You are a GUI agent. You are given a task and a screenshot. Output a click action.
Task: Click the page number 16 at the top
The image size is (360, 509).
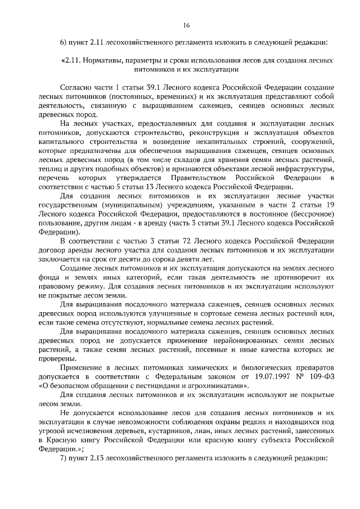point(186,25)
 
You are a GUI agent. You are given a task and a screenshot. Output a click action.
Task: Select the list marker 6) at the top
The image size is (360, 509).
point(64,42)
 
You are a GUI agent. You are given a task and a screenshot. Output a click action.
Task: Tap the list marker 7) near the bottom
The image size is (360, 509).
point(64,457)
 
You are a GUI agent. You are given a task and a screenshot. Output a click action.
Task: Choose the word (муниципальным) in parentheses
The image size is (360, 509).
point(127,205)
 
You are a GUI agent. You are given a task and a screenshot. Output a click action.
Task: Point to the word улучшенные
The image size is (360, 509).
point(156,314)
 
